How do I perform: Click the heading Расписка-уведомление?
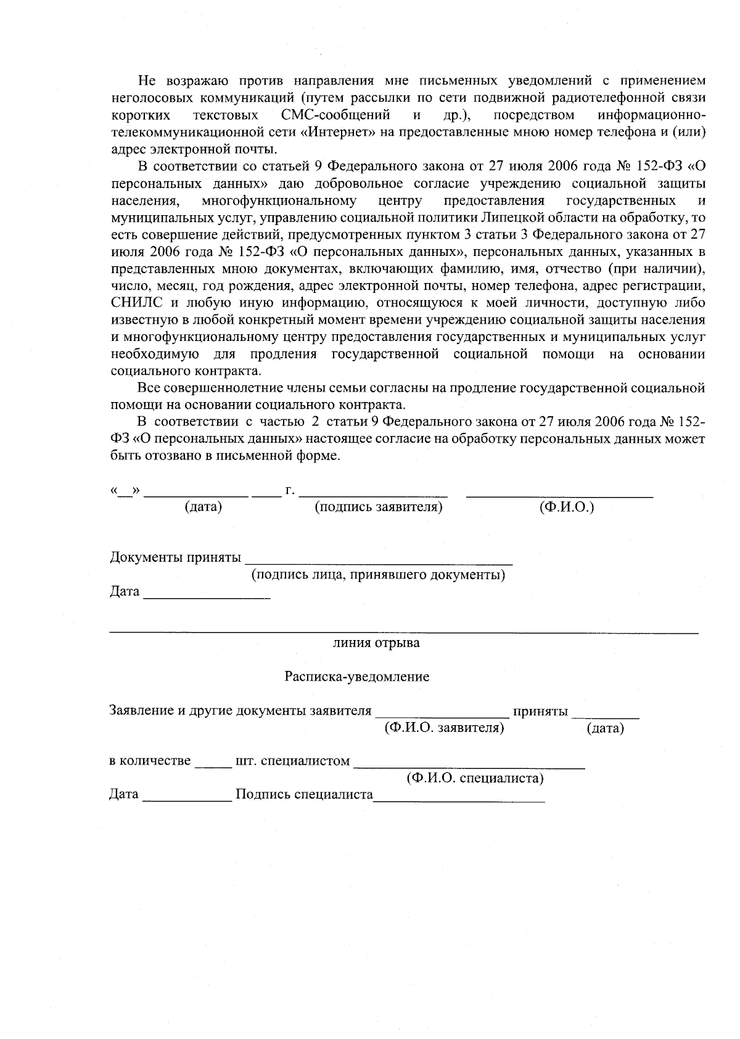click(x=356, y=676)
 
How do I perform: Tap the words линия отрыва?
click(x=376, y=643)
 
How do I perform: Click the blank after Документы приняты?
click(x=379, y=559)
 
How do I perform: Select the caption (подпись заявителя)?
click(x=379, y=507)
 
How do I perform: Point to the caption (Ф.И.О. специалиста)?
click(x=475, y=778)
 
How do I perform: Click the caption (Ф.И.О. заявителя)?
click(x=444, y=728)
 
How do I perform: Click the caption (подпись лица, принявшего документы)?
click(x=378, y=575)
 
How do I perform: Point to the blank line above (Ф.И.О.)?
click(x=559, y=491)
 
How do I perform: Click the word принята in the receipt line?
click(x=540, y=711)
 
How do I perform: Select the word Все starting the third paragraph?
click(x=149, y=388)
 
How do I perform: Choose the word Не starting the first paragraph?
click(x=146, y=81)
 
